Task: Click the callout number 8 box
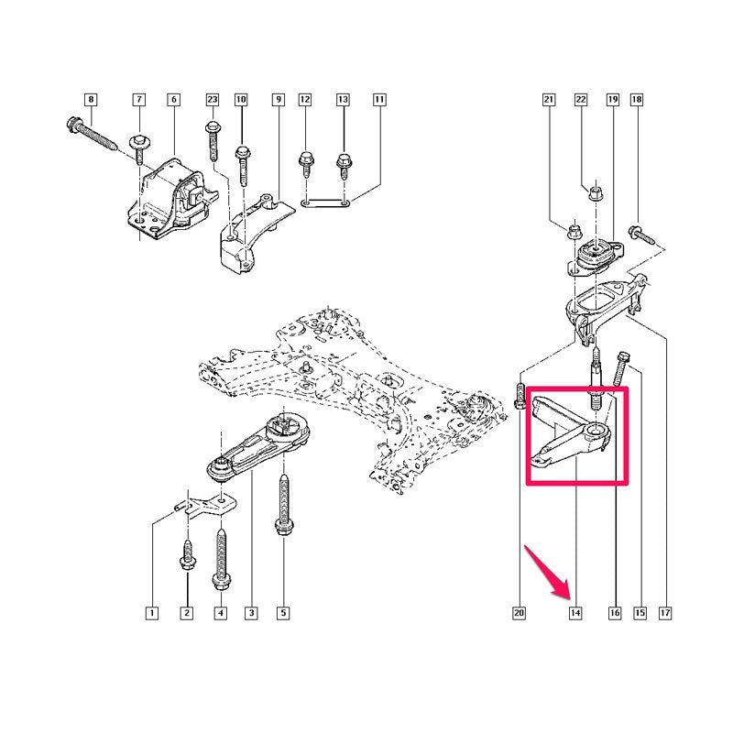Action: [x=91, y=100]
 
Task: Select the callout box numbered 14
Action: [x=575, y=612]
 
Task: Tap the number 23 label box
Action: [x=213, y=100]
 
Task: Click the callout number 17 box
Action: [x=665, y=612]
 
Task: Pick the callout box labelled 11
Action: [x=379, y=100]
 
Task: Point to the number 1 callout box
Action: [x=151, y=613]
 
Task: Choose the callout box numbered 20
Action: [x=519, y=612]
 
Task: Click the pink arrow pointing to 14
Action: [x=547, y=573]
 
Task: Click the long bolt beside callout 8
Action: [x=92, y=134]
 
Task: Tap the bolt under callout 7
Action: [x=139, y=148]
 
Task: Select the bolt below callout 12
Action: [x=306, y=164]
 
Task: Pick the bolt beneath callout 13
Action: [x=344, y=166]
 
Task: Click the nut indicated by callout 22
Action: [x=595, y=193]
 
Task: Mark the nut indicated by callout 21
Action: [x=574, y=230]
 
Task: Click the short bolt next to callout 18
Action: [x=641, y=235]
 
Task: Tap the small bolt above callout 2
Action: [x=188, y=555]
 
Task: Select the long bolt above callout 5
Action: [x=283, y=505]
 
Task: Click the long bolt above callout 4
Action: [x=220, y=559]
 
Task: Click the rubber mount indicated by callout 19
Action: [x=594, y=257]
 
